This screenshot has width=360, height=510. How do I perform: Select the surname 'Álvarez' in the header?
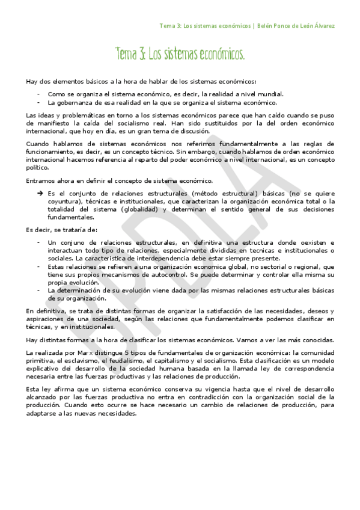tap(321, 26)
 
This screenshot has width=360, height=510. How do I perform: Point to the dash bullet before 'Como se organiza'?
tap(38, 94)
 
